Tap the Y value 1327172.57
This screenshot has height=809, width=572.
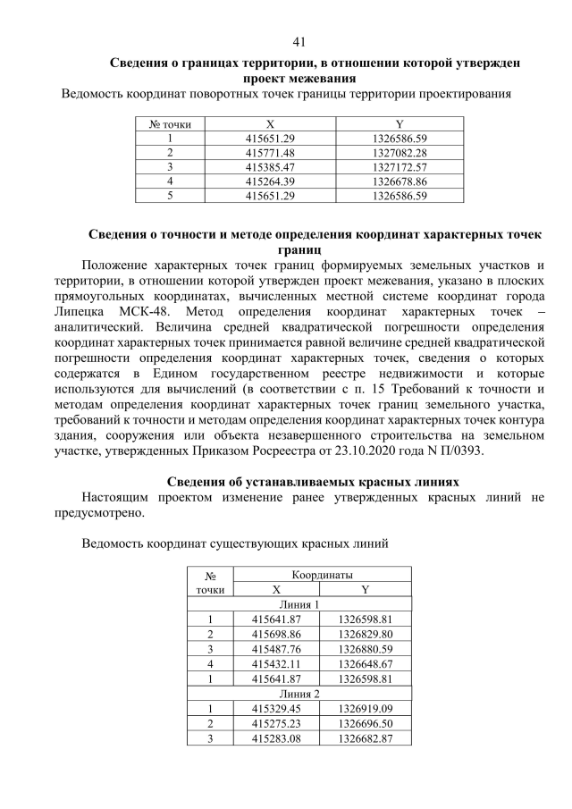pos(399,166)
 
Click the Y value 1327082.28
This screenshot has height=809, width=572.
pos(399,153)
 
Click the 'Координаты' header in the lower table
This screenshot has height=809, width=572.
pos(321,575)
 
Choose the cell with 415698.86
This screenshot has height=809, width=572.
pos(276,634)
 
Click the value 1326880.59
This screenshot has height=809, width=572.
pos(366,649)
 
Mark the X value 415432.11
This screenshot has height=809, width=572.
pos(276,663)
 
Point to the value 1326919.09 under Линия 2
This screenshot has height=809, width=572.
pos(366,708)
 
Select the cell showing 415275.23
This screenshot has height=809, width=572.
pos(276,723)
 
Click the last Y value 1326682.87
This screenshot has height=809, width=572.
pos(366,737)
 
